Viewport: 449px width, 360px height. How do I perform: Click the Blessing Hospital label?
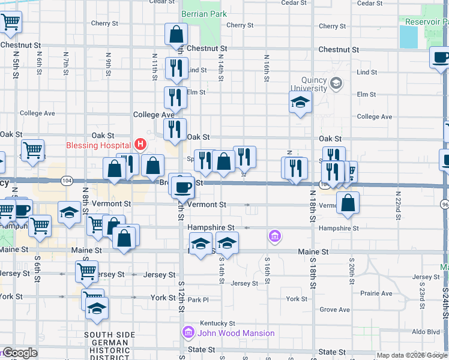coord(98,145)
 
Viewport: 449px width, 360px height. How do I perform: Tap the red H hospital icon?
coord(140,144)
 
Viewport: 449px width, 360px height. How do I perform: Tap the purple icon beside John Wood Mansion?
coord(188,332)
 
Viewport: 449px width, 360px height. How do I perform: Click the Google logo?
coord(20,353)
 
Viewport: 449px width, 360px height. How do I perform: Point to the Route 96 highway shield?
coord(445,205)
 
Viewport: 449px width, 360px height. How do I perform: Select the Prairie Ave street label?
coord(376,293)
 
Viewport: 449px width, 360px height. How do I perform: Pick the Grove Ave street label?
coord(335,310)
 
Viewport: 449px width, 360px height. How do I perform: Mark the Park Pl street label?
coord(197,299)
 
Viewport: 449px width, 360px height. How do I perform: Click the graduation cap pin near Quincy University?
coord(300,102)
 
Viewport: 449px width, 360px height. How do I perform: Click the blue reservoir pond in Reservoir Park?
coord(408,37)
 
